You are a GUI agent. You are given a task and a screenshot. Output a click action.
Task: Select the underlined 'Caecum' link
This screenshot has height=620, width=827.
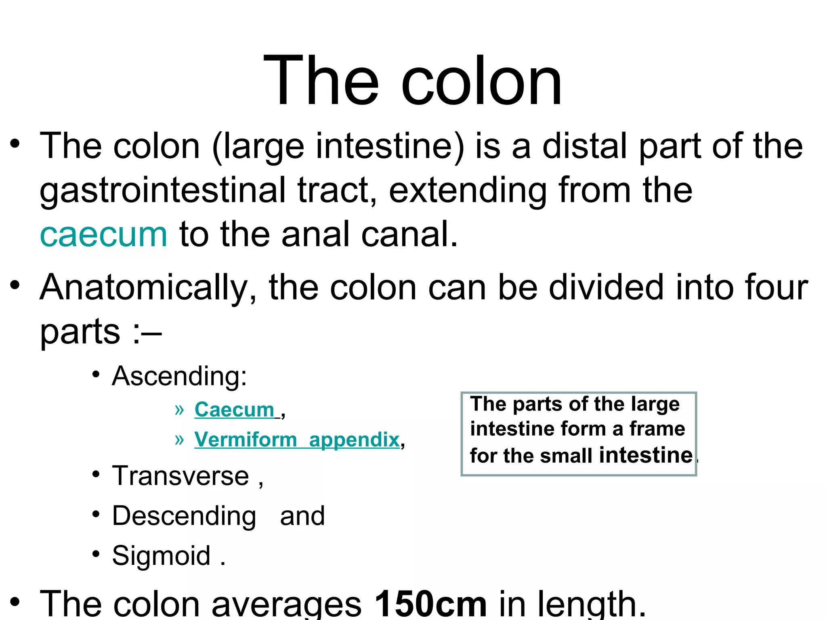click(235, 410)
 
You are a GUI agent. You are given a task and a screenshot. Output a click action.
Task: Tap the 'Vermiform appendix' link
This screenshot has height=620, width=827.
click(297, 440)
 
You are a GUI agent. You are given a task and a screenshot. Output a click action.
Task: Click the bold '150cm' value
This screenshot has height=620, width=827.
click(430, 604)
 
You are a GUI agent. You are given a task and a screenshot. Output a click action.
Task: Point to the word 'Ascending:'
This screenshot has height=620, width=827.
click(179, 376)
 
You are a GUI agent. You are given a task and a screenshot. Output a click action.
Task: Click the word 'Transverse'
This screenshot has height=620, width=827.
click(181, 476)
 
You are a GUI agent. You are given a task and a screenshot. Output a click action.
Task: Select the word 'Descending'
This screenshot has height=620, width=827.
click(184, 516)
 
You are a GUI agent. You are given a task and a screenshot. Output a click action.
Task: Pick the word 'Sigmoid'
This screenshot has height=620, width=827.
click(161, 556)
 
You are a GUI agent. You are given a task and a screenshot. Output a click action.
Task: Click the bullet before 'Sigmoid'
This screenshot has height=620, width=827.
click(96, 554)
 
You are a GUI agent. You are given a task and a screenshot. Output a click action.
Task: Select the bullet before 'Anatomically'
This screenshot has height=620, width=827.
click(15, 285)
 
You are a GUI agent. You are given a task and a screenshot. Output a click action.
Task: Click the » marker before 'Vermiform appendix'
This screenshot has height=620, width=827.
click(179, 439)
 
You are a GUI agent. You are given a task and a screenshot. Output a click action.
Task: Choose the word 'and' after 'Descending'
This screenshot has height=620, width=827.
click(302, 516)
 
